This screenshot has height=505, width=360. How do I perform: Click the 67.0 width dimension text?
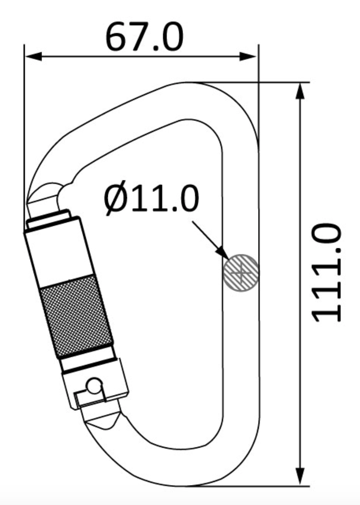[144, 37]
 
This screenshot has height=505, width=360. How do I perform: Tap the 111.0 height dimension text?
[326, 272]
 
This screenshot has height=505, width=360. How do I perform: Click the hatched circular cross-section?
[241, 273]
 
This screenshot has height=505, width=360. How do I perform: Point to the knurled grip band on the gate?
[76, 316]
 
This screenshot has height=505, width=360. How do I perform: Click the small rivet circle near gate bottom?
[94, 386]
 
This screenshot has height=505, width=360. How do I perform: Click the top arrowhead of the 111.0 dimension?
[301, 92]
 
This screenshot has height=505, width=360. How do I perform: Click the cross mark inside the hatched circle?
[241, 273]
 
